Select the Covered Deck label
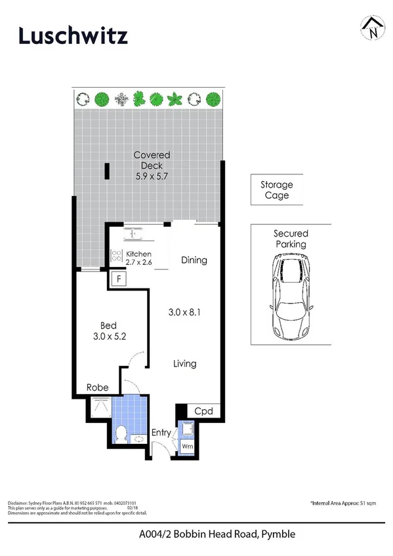[x=152, y=165]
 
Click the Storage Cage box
[x=276, y=189]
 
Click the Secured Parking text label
[x=291, y=239]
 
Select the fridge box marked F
[x=119, y=279]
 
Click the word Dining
[x=194, y=260]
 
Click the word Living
[x=184, y=363]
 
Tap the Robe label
[x=98, y=387]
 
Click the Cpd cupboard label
[x=203, y=410]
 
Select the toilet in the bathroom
[x=121, y=433]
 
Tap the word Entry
[x=161, y=433]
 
